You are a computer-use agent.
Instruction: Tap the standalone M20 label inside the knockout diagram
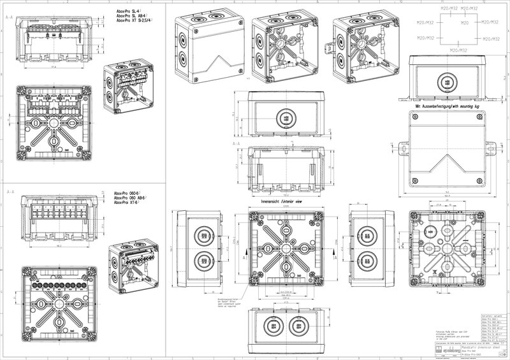[x=465, y=24]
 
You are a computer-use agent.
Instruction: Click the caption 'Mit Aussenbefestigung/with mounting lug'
[x=448, y=106]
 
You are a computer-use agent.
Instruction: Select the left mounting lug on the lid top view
[x=404, y=148]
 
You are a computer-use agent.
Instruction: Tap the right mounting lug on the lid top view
[x=490, y=148]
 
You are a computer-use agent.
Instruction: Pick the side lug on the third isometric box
[x=328, y=48]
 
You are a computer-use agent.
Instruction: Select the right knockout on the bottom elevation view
[x=296, y=327]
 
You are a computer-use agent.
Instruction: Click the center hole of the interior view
[x=287, y=247]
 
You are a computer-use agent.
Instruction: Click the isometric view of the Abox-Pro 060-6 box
[x=133, y=266]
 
